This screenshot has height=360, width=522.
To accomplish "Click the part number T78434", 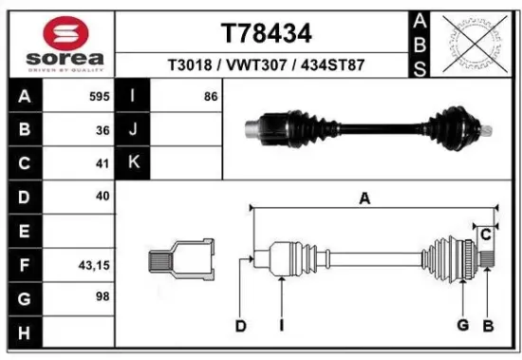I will point(266,33).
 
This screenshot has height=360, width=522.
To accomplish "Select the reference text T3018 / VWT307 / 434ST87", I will point(266,66).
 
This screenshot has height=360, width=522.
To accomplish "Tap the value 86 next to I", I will point(209,97).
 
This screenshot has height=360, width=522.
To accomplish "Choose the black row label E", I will point(23,231).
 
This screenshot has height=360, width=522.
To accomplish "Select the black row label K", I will point(134,163).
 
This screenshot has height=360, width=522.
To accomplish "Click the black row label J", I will point(134,130).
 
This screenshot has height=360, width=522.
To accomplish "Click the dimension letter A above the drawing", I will point(364,199).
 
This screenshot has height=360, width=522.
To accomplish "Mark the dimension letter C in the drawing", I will point(485,234).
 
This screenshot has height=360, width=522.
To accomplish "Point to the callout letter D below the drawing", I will point(241,327).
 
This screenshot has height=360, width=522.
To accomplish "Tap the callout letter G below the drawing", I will point(463,327).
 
